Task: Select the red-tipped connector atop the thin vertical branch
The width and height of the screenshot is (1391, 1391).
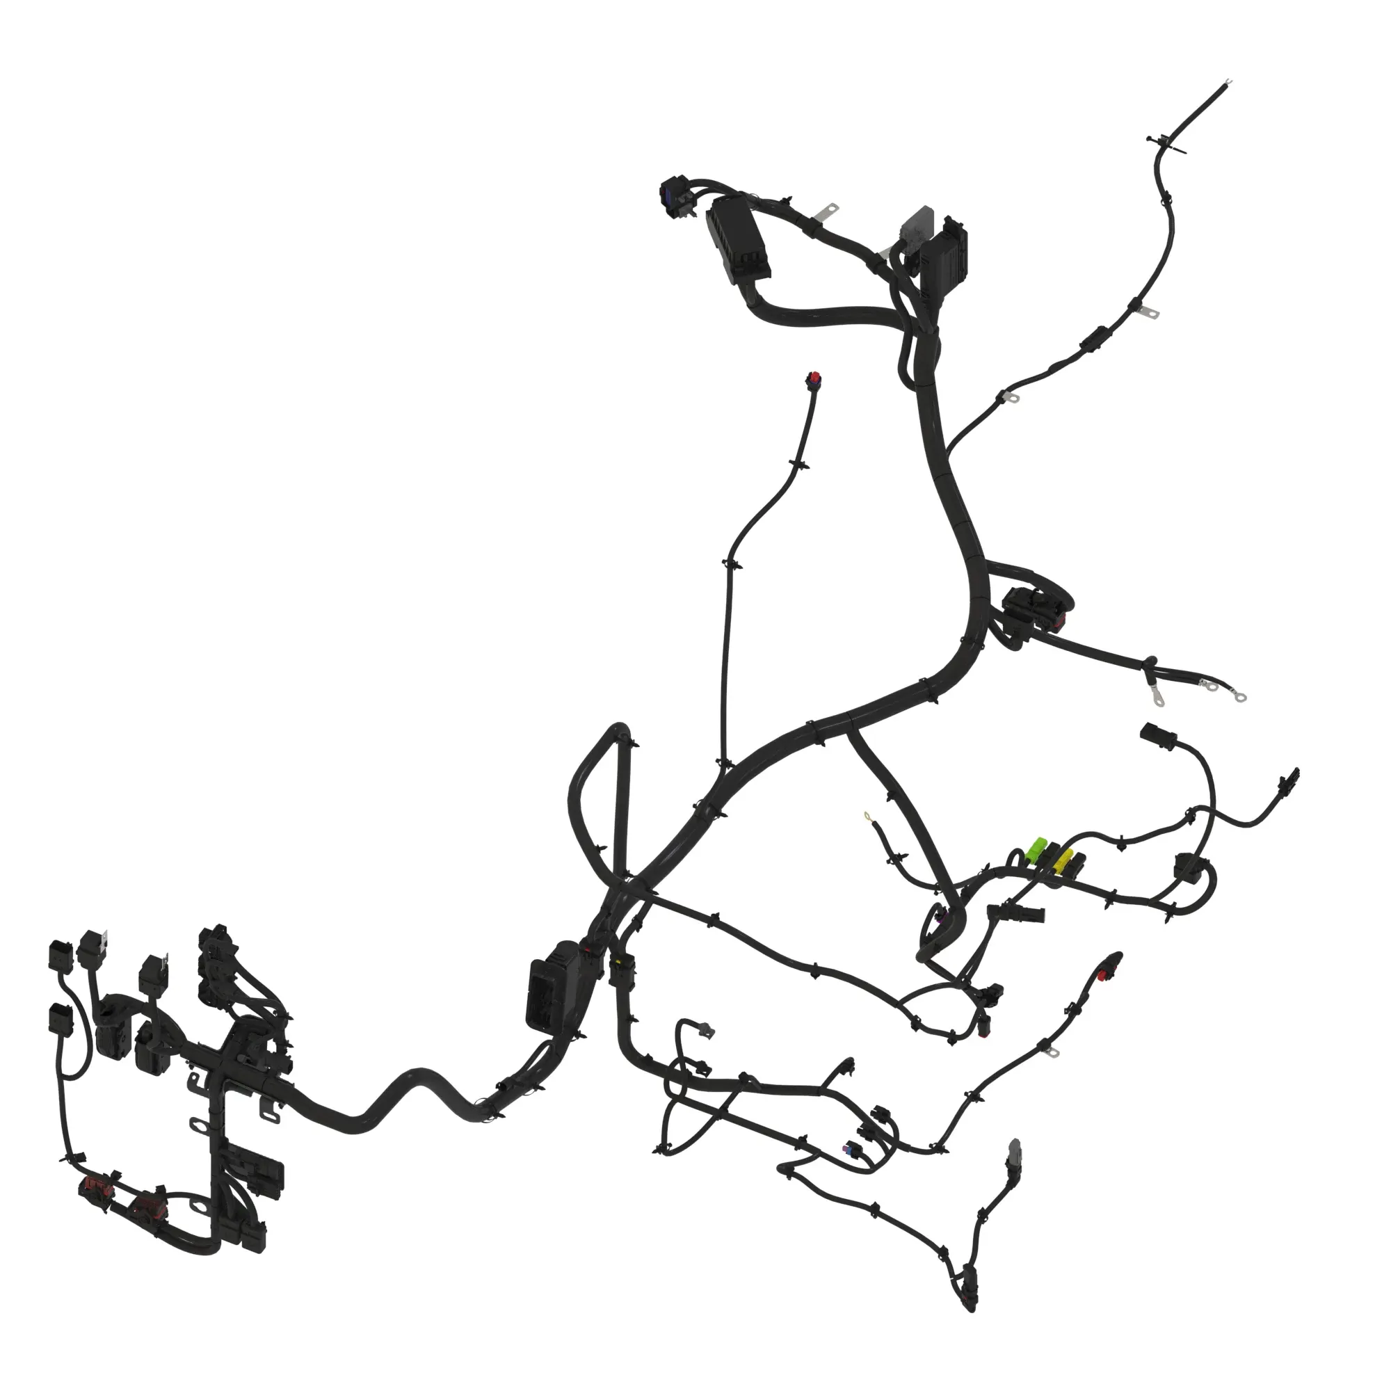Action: point(814,379)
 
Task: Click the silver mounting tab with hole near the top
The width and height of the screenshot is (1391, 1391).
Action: point(830,210)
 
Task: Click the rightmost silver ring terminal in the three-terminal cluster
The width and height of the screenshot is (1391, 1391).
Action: point(1239,697)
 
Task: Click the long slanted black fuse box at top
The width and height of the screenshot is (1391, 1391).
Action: point(739,241)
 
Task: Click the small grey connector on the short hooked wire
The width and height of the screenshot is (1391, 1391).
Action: point(707,1031)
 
